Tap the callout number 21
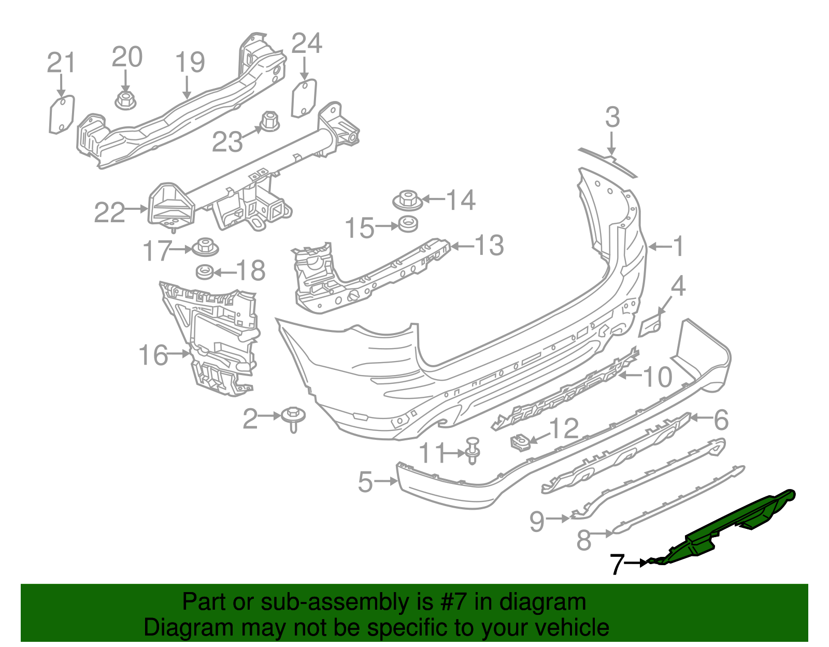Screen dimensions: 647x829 tap(61, 63)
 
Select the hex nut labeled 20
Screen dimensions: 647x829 tap(124, 100)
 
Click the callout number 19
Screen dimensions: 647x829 tap(190, 62)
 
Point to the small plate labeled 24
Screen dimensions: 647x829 tap(304, 98)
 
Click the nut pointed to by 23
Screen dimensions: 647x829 tap(269, 122)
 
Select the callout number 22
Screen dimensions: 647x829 tap(109, 212)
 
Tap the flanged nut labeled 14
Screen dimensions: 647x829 tap(407, 200)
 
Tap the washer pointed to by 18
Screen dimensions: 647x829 tap(205, 271)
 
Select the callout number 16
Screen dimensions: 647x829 tap(153, 355)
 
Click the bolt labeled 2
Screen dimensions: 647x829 tap(293, 418)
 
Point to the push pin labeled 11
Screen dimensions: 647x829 tap(473, 450)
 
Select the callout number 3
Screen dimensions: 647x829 tap(612, 118)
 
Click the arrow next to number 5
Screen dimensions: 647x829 tap(386, 481)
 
